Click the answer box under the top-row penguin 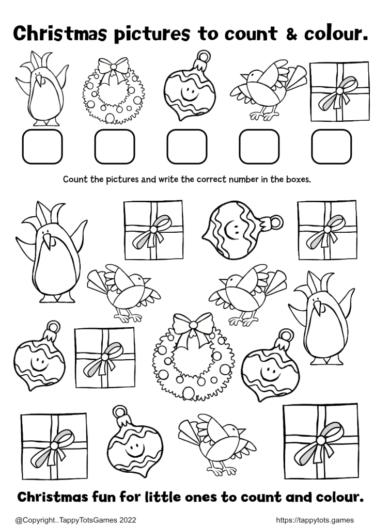(x=42, y=147)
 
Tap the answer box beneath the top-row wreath (x=115, y=147)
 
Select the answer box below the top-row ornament (x=187, y=147)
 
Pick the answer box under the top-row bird (x=259, y=147)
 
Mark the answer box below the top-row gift (x=332, y=147)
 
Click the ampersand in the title (x=292, y=34)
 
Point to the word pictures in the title (x=152, y=35)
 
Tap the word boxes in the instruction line (x=298, y=179)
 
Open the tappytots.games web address (x=315, y=520)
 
